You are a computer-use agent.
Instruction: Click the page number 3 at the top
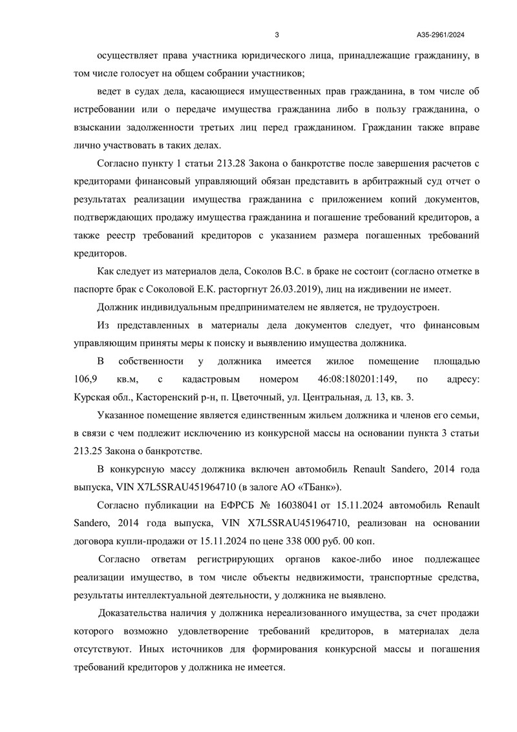pyautogui.click(x=277, y=35)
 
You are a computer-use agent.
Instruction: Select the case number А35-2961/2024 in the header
pyautogui.click(x=445, y=35)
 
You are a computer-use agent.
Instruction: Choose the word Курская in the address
pyautogui.click(x=94, y=395)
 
